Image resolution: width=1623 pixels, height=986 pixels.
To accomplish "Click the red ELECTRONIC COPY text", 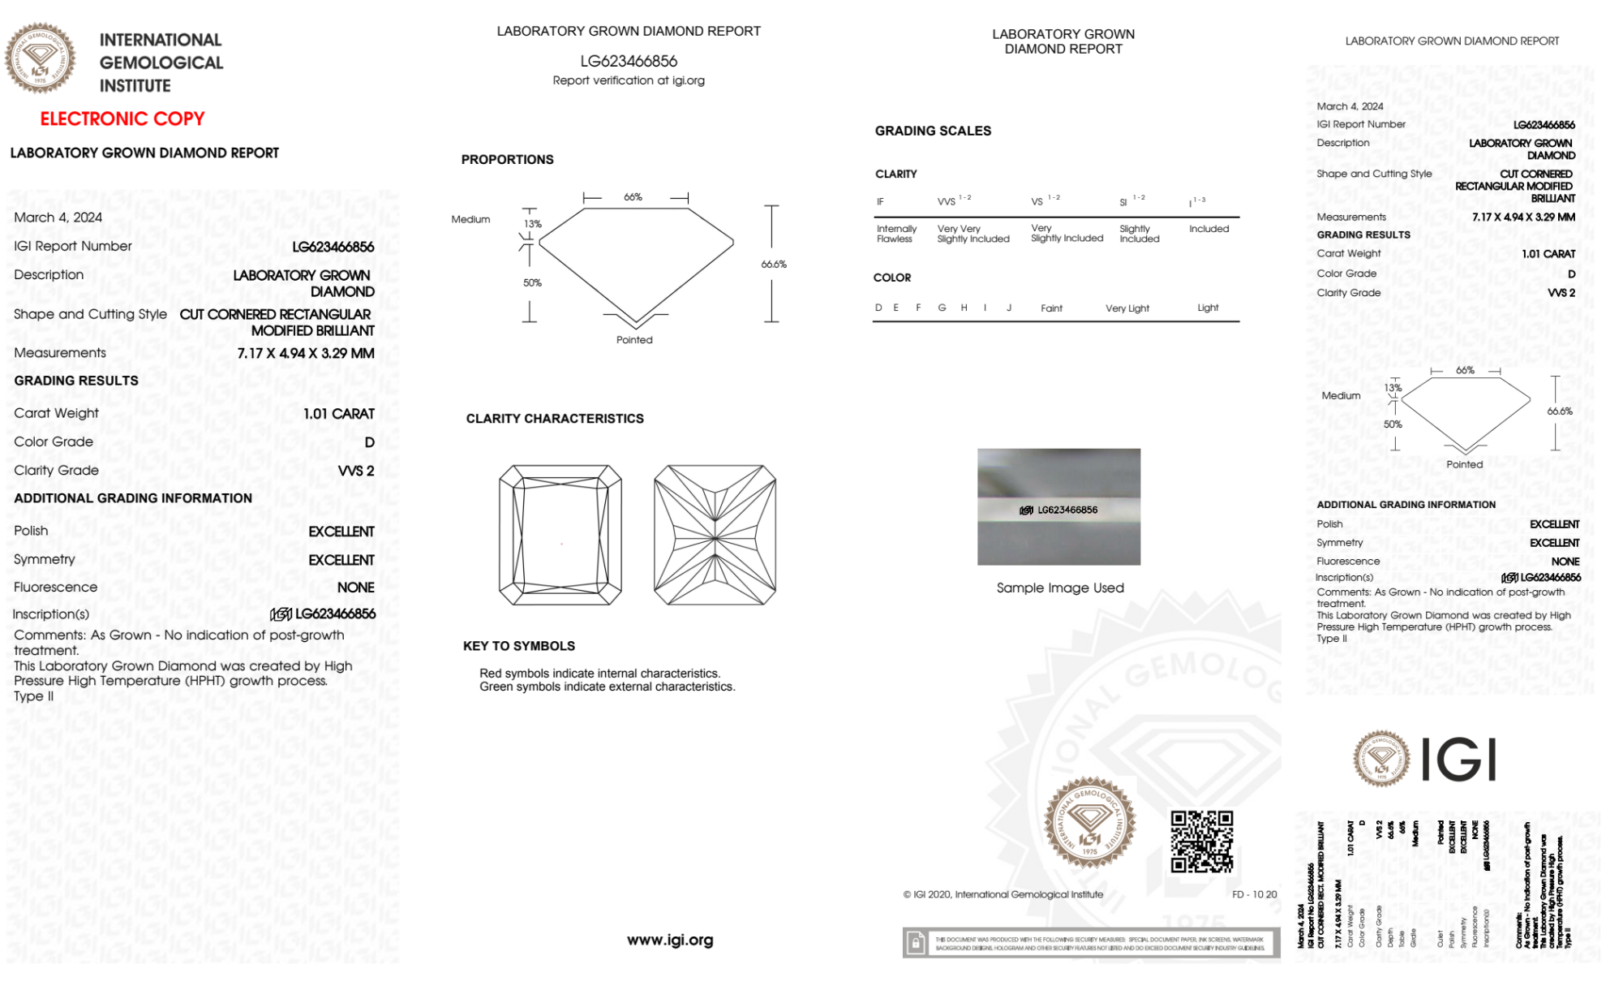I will [122, 119].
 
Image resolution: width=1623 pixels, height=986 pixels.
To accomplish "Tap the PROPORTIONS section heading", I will [507, 160].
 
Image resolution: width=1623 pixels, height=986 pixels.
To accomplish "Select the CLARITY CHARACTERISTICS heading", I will [555, 419].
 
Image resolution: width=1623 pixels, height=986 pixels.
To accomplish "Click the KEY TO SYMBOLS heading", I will [519, 646].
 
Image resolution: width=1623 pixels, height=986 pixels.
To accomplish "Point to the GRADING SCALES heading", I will [933, 131].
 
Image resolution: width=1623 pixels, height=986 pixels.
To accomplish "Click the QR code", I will [1201, 842].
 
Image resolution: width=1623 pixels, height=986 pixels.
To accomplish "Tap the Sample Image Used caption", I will [1060, 588].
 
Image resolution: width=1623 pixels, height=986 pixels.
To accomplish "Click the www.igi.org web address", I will [670, 940].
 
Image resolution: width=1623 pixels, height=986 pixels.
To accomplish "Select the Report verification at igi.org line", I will [629, 80].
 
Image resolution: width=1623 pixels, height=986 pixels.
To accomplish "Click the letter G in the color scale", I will [942, 308].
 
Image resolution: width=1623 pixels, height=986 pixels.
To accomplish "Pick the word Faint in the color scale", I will [1051, 308].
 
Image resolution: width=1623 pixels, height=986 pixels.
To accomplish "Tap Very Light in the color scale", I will [1127, 308].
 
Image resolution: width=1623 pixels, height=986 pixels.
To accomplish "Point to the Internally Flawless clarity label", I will [895, 234].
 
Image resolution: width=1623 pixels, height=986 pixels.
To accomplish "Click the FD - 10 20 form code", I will [1253, 894].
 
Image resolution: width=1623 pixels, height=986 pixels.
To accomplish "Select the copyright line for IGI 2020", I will [1003, 894].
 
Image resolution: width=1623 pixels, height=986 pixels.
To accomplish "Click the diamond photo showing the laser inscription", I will [1058, 506].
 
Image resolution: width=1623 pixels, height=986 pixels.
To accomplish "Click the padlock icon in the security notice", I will [916, 943].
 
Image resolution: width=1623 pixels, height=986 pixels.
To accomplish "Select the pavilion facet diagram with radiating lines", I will [715, 536].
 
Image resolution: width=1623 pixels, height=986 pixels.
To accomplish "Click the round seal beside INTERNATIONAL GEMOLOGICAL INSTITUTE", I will [40, 58].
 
